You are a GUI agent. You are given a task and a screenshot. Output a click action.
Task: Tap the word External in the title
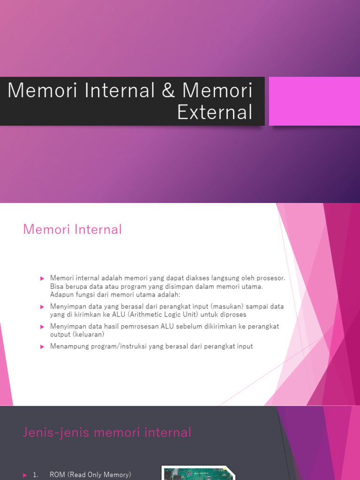click(x=215, y=112)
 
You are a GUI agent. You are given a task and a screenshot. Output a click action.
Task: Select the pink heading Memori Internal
click(x=72, y=229)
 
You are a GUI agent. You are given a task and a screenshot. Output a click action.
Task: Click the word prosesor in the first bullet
click(x=271, y=278)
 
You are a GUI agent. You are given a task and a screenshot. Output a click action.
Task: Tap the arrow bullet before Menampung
click(x=42, y=346)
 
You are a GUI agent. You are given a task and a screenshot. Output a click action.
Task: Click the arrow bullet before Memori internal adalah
click(x=42, y=278)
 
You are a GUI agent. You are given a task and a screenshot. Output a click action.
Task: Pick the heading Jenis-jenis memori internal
click(x=107, y=432)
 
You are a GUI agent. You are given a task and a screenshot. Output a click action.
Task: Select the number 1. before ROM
click(x=36, y=475)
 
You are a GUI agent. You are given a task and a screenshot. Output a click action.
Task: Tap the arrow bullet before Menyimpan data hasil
click(x=42, y=326)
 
